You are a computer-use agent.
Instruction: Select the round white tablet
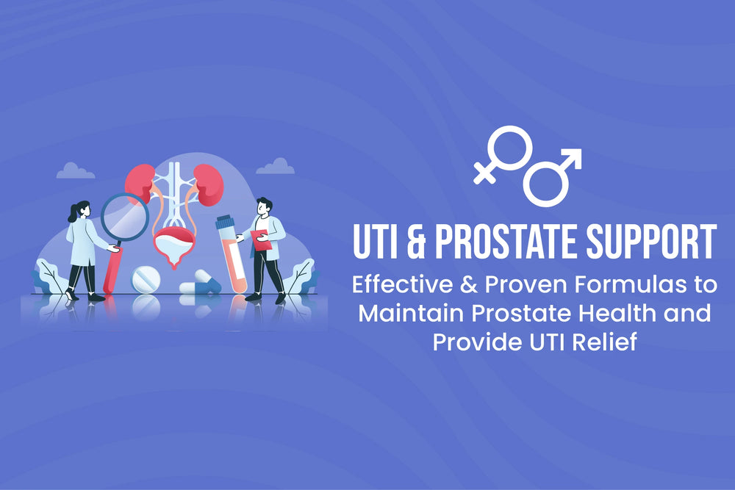click(145, 280)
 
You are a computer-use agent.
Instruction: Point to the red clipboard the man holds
click(259, 239)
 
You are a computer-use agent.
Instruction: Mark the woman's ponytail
click(72, 214)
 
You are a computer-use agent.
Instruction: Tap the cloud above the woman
click(75, 171)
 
